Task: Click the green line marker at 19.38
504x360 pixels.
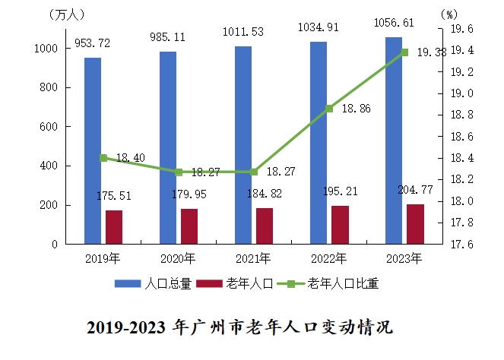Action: tap(404, 52)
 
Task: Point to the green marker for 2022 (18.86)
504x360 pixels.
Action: tap(329, 109)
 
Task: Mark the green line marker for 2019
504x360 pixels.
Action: tap(103, 158)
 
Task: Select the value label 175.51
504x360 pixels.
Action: tap(114, 196)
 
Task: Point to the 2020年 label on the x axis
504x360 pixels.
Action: tap(179, 258)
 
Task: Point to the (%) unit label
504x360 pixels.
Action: tap(449, 14)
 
